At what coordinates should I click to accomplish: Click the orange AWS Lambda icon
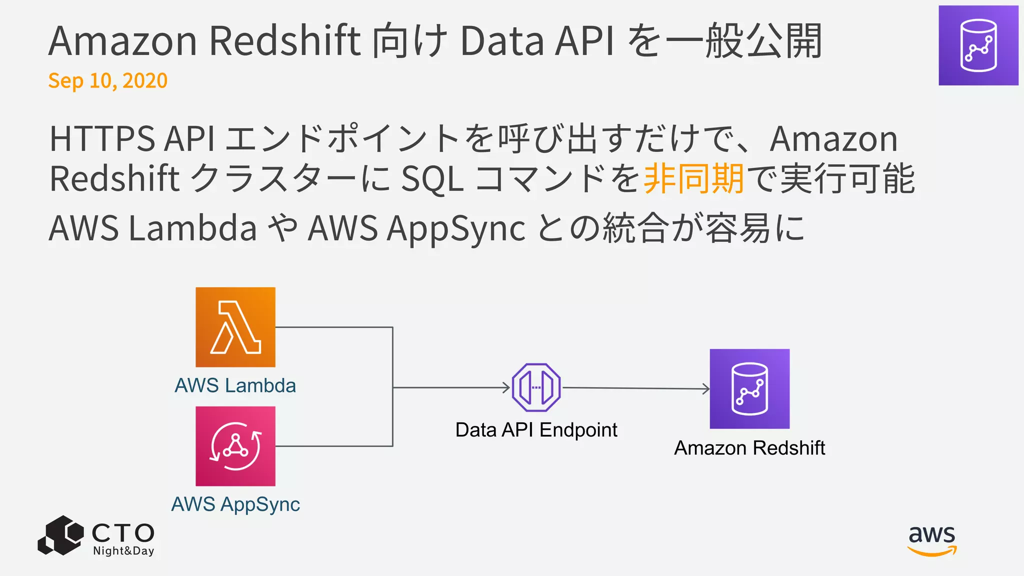[235, 327]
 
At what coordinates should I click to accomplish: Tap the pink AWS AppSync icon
[235, 446]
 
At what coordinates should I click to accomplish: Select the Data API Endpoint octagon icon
[536, 387]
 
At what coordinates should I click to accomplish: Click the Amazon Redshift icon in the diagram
[749, 388]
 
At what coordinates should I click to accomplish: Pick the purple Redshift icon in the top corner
[978, 45]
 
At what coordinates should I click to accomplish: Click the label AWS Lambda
[235, 385]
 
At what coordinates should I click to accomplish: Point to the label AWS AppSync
[235, 504]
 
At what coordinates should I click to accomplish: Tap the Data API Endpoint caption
[536, 430]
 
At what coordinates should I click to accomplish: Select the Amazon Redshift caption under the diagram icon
[749, 448]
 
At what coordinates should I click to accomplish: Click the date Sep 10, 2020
[107, 80]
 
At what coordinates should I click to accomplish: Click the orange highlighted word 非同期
[693, 178]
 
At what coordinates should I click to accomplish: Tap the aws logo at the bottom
[932, 540]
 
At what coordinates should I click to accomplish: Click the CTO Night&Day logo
[96, 536]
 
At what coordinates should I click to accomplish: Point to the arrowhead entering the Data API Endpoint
[506, 387]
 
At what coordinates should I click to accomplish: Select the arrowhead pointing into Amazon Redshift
[706, 388]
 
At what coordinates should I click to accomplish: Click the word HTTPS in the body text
[102, 138]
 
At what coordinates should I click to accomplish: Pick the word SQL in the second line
[432, 178]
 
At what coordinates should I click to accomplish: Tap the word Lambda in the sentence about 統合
[192, 228]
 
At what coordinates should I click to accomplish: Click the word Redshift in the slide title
[284, 41]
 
